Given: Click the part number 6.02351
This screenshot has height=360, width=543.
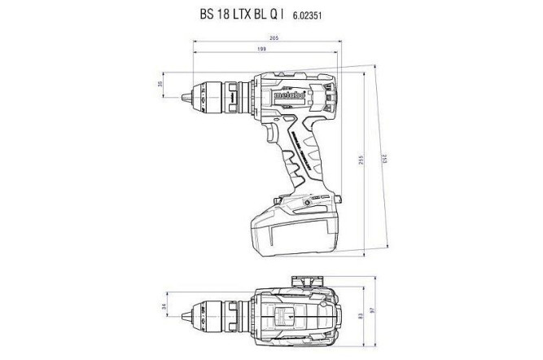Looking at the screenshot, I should (x=324, y=15).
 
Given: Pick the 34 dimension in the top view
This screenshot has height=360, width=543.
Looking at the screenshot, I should (x=162, y=307).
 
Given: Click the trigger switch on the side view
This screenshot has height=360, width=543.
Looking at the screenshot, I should (x=263, y=144).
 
